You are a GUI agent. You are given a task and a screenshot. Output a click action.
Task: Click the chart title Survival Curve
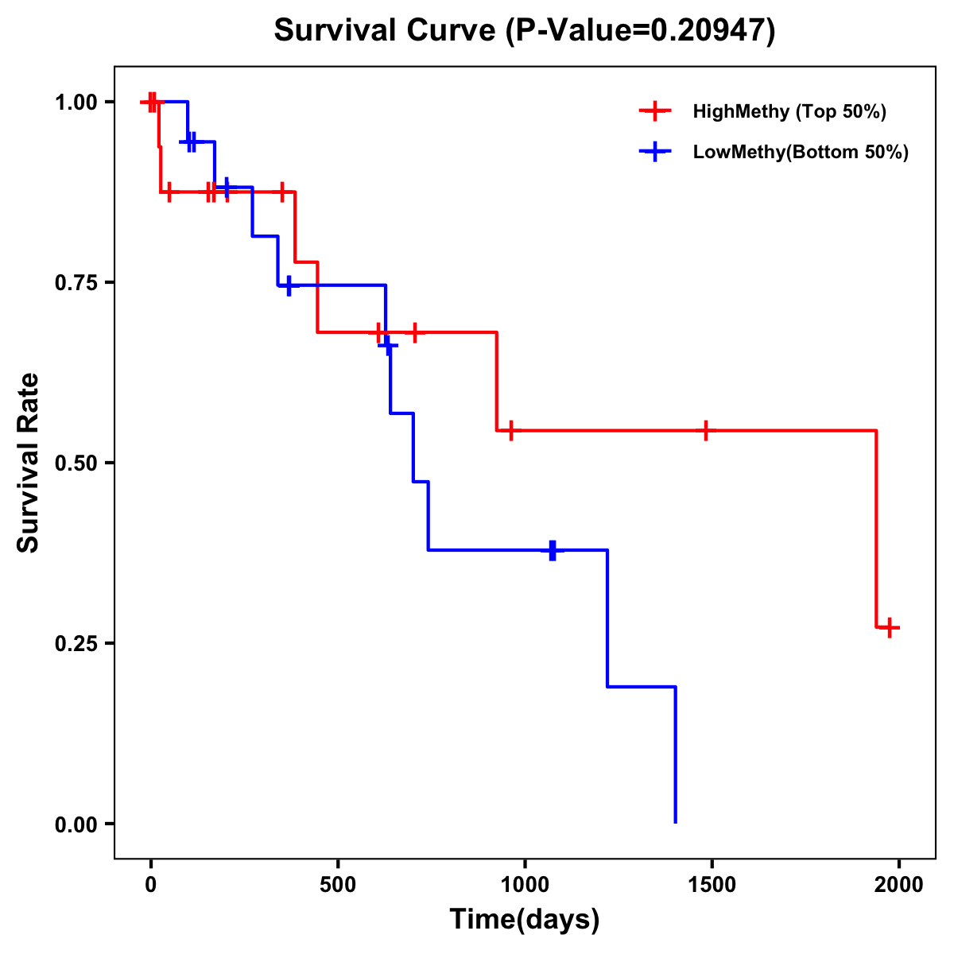[524, 30]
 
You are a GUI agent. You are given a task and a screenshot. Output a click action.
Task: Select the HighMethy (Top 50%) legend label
[789, 111]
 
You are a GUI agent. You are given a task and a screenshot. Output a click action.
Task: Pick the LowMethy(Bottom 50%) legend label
[801, 152]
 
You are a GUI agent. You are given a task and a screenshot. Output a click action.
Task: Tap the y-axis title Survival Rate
[29, 462]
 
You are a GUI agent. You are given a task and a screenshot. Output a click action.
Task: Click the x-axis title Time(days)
[525, 919]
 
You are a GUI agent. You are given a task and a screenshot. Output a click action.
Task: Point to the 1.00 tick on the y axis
[76, 102]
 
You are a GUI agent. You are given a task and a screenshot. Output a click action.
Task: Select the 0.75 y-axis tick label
[76, 282]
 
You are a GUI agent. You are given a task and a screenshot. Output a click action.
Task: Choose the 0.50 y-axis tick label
[76, 463]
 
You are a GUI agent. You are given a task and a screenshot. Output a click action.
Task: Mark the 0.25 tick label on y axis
[76, 643]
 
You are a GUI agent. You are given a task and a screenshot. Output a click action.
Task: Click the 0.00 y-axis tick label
[76, 824]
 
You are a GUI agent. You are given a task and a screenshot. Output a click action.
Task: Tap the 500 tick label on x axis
[338, 885]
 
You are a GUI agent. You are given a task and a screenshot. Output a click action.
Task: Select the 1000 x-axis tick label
[525, 885]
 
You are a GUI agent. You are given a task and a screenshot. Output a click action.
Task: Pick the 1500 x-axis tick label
[712, 885]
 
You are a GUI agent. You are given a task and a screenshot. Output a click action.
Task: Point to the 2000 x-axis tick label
[899, 885]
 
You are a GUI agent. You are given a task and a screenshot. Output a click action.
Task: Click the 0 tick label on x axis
[150, 885]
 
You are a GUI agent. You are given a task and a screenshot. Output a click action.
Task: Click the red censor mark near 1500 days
[705, 430]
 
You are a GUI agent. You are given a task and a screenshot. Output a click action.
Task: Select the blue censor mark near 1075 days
[553, 549]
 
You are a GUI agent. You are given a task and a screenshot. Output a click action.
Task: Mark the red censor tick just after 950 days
[510, 430]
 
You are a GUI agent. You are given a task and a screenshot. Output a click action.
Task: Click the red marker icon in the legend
[654, 111]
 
